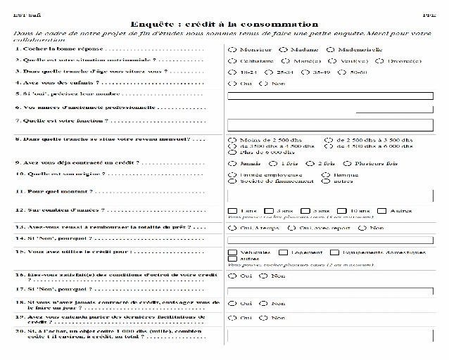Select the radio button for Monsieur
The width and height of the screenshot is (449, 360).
pyautogui.click(x=232, y=49)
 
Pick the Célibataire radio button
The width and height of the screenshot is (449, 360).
pyautogui.click(x=232, y=61)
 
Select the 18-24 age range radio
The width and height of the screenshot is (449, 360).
pyautogui.click(x=232, y=72)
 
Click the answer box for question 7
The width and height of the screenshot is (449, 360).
pyautogui.click(x=329, y=125)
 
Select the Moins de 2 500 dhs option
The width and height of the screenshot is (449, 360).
pyautogui.click(x=232, y=141)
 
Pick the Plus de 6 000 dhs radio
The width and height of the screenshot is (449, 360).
pyautogui.click(x=232, y=152)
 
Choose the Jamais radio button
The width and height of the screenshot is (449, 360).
pyautogui.click(x=232, y=163)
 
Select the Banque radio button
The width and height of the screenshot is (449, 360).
pyautogui.click(x=326, y=174)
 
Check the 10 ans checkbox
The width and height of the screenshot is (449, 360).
pyautogui.click(x=342, y=210)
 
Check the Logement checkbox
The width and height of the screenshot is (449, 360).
pyautogui.click(x=283, y=252)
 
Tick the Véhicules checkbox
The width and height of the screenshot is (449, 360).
pyautogui.click(x=232, y=252)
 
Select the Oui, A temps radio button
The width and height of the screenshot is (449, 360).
pyautogui.click(x=232, y=228)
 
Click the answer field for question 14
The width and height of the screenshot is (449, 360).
pyautogui.click(x=329, y=240)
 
